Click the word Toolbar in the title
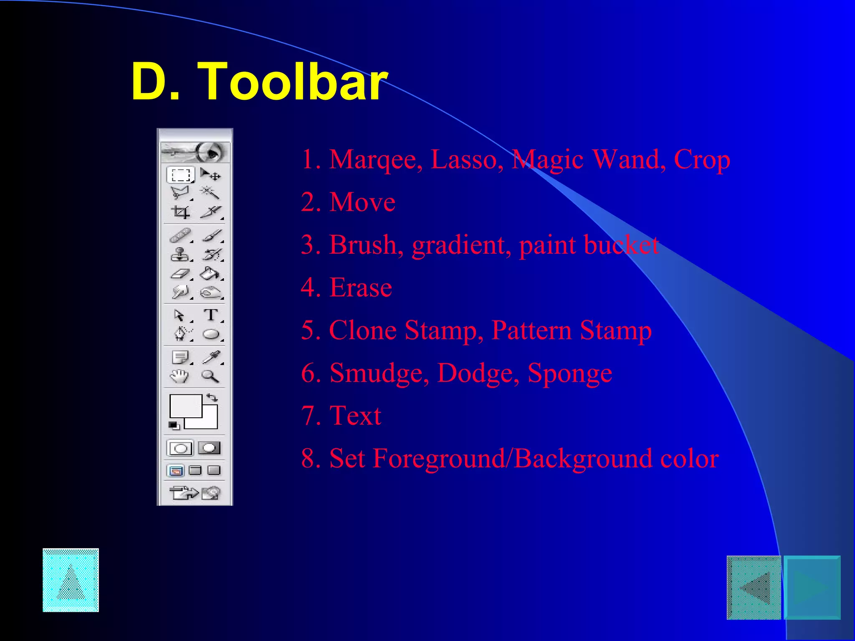tap(295, 81)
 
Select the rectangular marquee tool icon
tap(180, 175)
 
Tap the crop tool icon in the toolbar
tap(180, 212)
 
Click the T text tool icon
tap(211, 315)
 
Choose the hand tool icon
tap(180, 376)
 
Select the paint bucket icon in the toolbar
tap(210, 274)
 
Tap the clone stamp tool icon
tap(180, 254)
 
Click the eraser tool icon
tap(180, 274)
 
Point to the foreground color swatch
tap(185, 405)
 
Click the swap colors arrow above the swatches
tap(212, 397)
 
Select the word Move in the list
tap(362, 202)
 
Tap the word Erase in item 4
tap(361, 288)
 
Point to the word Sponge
tap(570, 373)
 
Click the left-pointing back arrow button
tap(754, 588)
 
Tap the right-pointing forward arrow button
tap(812, 588)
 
